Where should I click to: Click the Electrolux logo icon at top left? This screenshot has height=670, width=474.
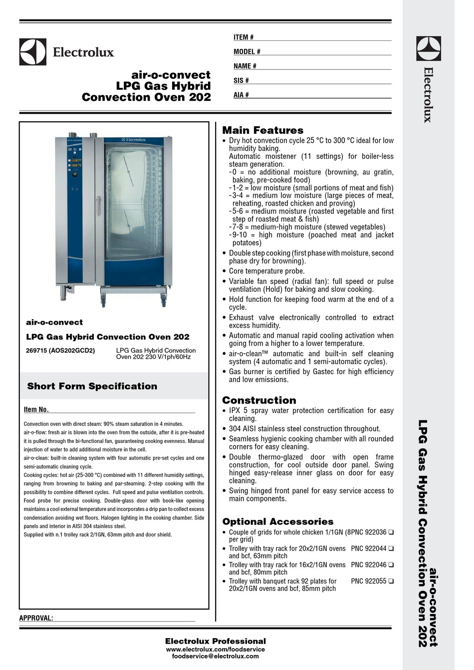click(x=33, y=52)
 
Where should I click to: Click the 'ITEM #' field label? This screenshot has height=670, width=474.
click(x=243, y=37)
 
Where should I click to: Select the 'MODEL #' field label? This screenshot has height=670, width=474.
click(x=246, y=52)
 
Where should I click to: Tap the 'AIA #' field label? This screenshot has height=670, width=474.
click(x=241, y=95)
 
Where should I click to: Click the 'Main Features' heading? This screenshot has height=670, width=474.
click(x=262, y=130)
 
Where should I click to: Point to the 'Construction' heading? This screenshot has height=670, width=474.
click(x=259, y=400)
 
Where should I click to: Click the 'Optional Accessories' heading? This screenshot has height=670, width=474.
click(x=277, y=521)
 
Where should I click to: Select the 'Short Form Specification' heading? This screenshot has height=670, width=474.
click(x=92, y=386)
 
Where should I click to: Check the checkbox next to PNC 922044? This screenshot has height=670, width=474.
click(x=391, y=549)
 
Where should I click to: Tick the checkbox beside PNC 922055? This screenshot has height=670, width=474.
click(x=391, y=581)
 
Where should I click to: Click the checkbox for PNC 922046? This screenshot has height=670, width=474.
click(x=391, y=565)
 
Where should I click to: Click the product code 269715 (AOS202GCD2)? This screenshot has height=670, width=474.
click(x=60, y=351)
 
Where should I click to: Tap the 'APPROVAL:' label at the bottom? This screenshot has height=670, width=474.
click(x=36, y=618)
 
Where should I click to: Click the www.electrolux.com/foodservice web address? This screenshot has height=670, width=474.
click(x=215, y=650)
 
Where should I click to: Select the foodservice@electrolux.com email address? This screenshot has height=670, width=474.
click(x=215, y=657)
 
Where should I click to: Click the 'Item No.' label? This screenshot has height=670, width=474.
click(x=36, y=410)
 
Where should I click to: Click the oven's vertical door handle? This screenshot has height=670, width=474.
click(x=99, y=206)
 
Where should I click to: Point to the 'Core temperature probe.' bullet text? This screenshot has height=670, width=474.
click(x=266, y=271)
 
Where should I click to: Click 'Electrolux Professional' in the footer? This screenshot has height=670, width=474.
click(x=215, y=641)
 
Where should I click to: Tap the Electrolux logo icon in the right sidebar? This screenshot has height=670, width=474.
click(x=429, y=49)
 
